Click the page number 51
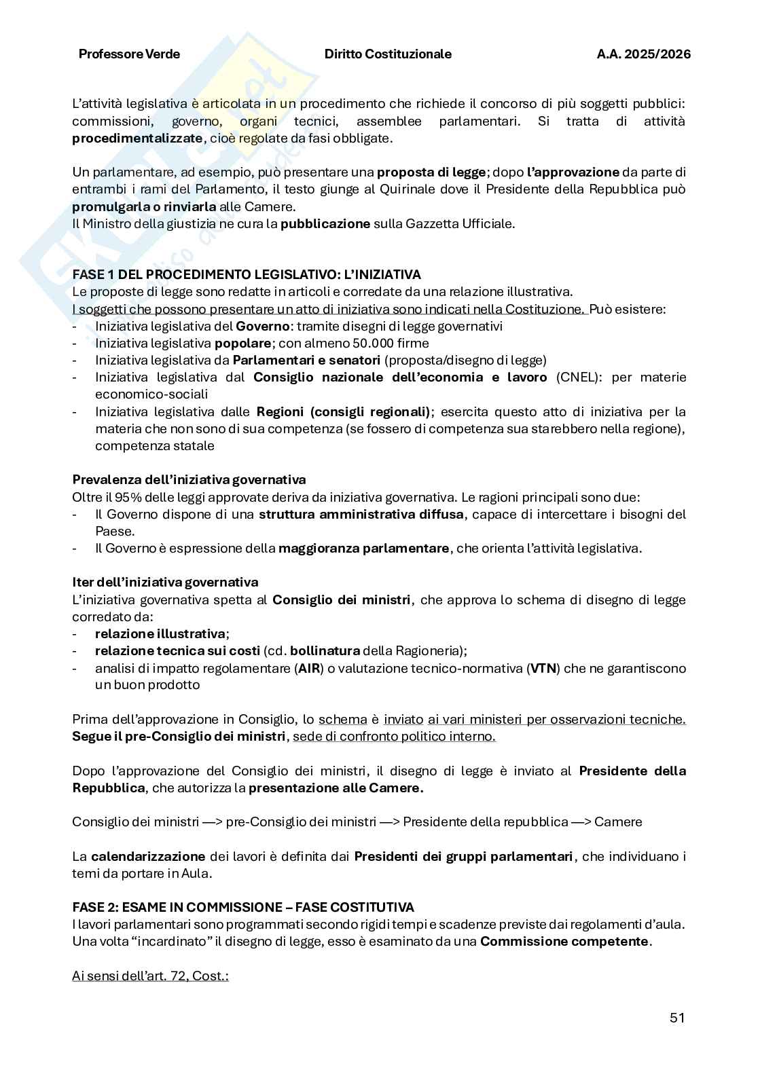(676, 1018)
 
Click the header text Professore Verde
(129, 54)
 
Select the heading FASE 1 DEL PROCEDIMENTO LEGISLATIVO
(246, 274)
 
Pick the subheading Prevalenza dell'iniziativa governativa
(189, 480)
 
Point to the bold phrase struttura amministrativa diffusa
(361, 514)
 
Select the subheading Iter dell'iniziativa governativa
(165, 583)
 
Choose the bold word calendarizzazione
(148, 856)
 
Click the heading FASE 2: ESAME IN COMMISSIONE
(242, 907)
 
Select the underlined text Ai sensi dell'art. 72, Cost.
(150, 976)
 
